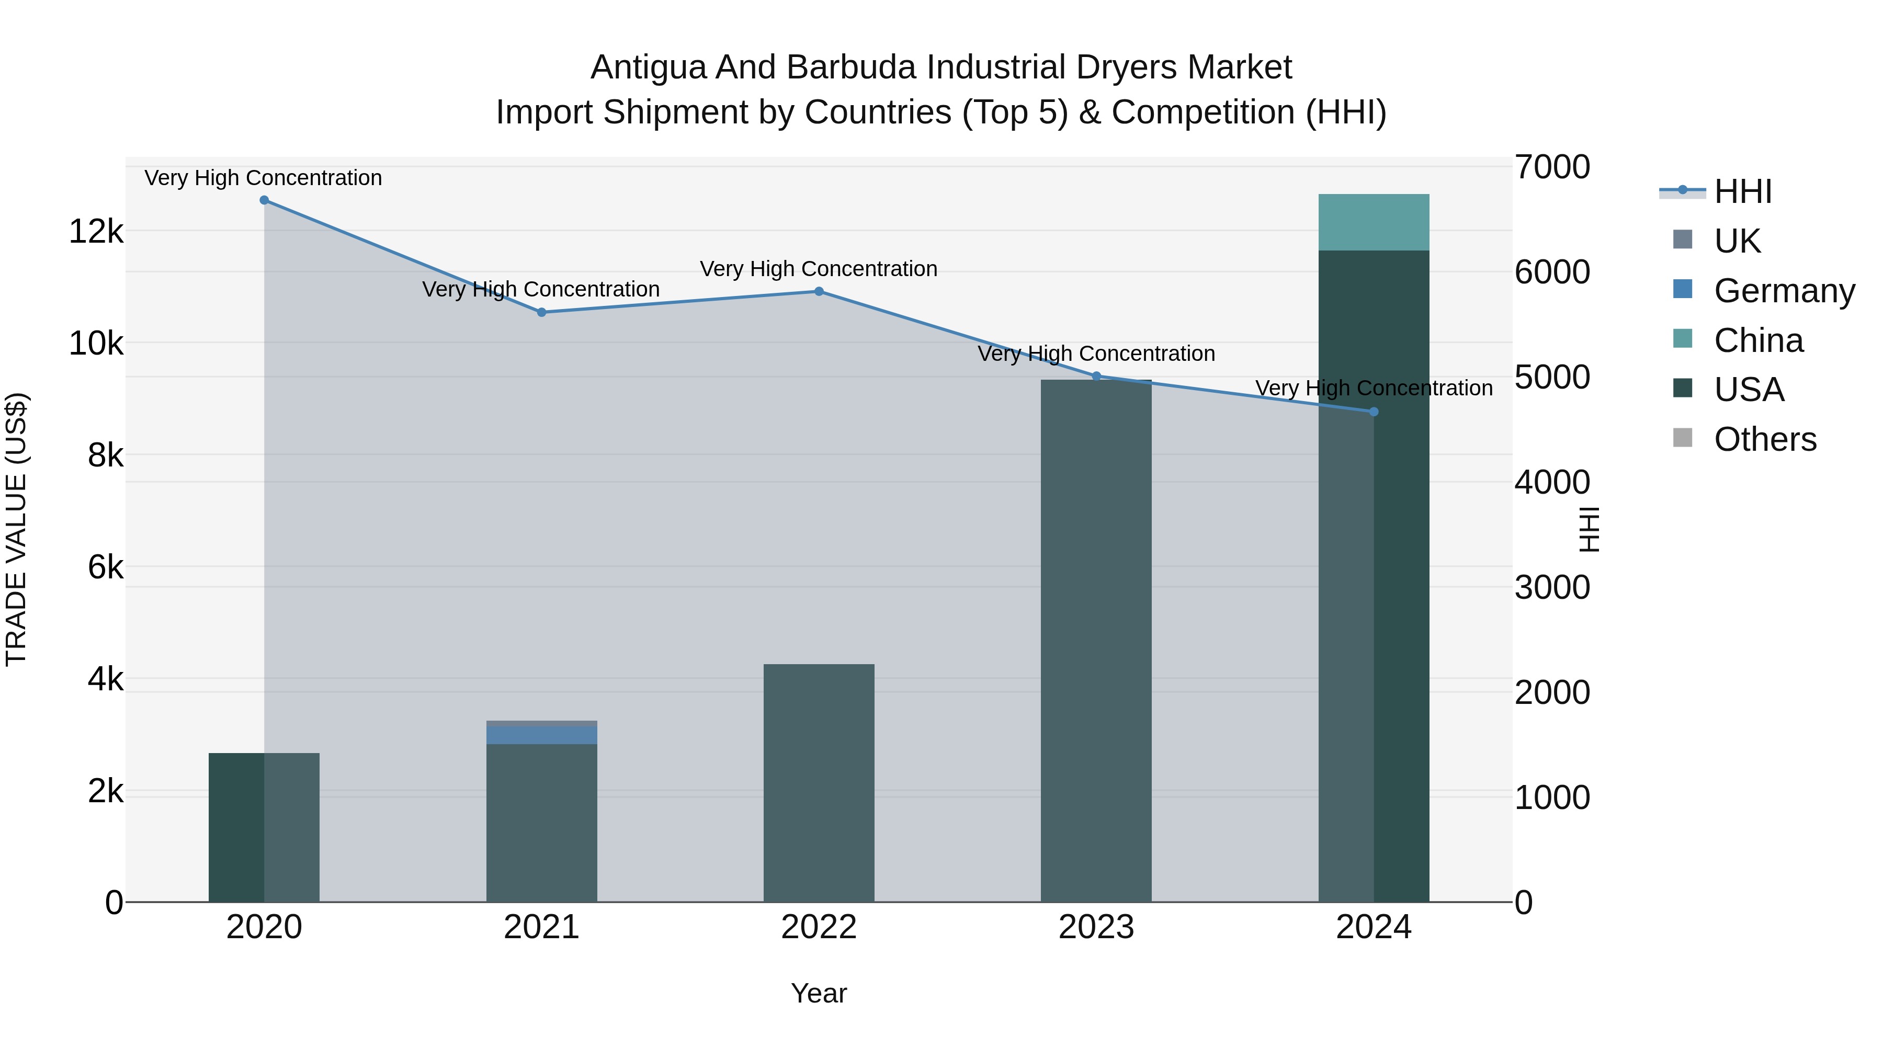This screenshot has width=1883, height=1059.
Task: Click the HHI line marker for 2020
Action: (x=264, y=200)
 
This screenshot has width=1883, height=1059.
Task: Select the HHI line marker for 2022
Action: (x=819, y=292)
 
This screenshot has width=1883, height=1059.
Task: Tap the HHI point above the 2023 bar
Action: (x=1096, y=377)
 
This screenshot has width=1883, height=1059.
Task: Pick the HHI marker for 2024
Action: (x=1374, y=412)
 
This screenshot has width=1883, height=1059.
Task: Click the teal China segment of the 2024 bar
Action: (x=1374, y=222)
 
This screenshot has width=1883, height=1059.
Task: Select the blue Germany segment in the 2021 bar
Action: (x=542, y=735)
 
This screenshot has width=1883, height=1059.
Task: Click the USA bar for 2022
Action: (x=819, y=782)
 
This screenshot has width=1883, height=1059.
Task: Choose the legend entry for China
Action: (x=1758, y=340)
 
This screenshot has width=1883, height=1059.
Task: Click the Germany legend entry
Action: (x=1784, y=291)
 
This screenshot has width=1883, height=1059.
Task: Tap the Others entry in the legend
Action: (x=1765, y=440)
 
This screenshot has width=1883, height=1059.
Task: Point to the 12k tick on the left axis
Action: (x=96, y=232)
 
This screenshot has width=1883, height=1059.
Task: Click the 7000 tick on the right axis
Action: (x=1552, y=167)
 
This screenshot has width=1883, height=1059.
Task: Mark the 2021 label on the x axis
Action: (x=542, y=927)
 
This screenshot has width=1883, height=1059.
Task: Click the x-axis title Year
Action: (x=819, y=993)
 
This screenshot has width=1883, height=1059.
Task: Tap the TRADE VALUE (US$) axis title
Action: (x=16, y=529)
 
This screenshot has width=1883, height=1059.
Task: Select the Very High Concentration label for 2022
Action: (x=819, y=269)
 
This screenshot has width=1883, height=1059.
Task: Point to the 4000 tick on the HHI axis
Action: (x=1552, y=482)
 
